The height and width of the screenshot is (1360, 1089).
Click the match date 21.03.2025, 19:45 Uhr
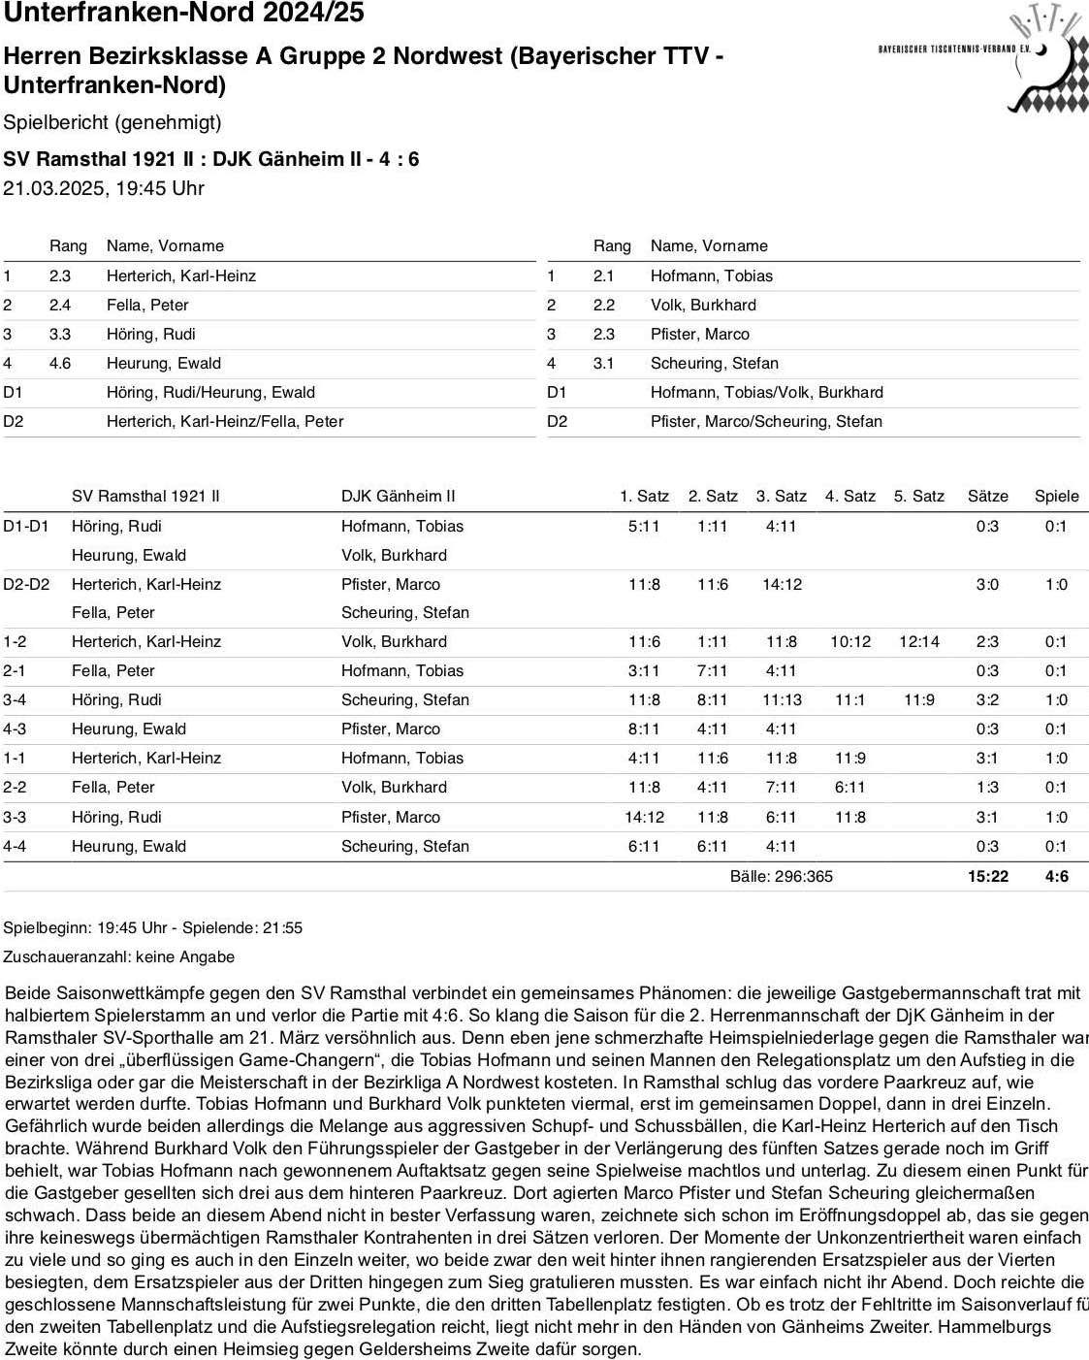[104, 188]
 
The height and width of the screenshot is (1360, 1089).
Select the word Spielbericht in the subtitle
[56, 122]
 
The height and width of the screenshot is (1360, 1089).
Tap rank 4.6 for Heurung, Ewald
[60, 363]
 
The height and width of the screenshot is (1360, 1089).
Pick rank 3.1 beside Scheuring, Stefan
[603, 363]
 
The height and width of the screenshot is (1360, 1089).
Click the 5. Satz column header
[918, 496]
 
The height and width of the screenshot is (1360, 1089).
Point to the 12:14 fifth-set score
[918, 641]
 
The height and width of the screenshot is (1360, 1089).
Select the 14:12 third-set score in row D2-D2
[782, 584]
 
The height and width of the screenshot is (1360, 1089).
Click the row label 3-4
[15, 699]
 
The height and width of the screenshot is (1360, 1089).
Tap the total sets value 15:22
[987, 876]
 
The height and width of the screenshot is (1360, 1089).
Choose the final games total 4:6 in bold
[1056, 876]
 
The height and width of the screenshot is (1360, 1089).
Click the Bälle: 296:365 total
[781, 876]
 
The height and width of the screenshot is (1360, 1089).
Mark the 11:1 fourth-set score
[849, 699]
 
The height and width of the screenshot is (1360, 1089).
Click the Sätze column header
[987, 496]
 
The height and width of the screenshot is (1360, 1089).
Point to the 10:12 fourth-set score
[849, 641]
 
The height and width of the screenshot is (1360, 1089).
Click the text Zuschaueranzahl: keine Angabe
[119, 956]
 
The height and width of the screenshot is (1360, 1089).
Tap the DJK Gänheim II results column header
[398, 496]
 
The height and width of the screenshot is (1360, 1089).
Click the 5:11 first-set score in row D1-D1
[644, 526]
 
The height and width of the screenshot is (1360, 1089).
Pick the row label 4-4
[15, 846]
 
